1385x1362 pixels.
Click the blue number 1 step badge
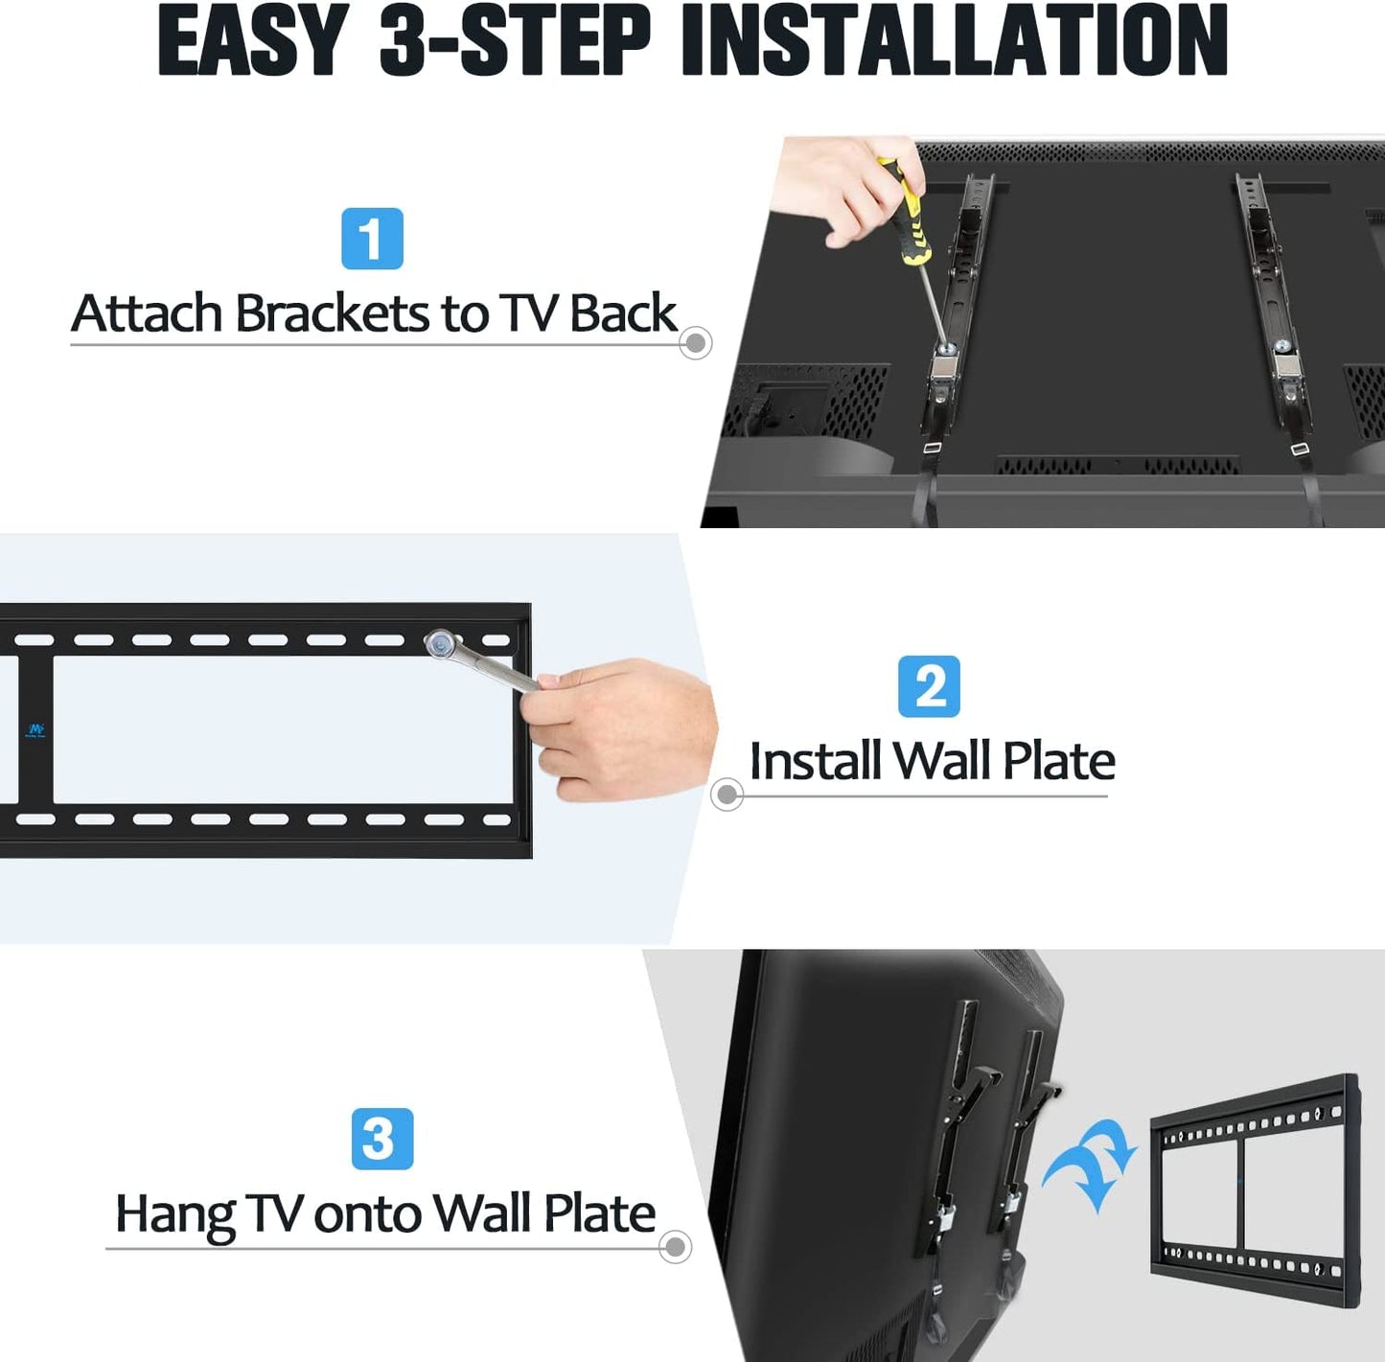[372, 239]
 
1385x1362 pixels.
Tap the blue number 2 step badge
[929, 685]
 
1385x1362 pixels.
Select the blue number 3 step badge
[382, 1139]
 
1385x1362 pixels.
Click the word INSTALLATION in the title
[955, 40]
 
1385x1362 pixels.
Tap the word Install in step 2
[815, 760]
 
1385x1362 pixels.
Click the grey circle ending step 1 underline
[695, 343]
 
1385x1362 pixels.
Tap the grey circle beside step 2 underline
[727, 795]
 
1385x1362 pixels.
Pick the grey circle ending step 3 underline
[675, 1247]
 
